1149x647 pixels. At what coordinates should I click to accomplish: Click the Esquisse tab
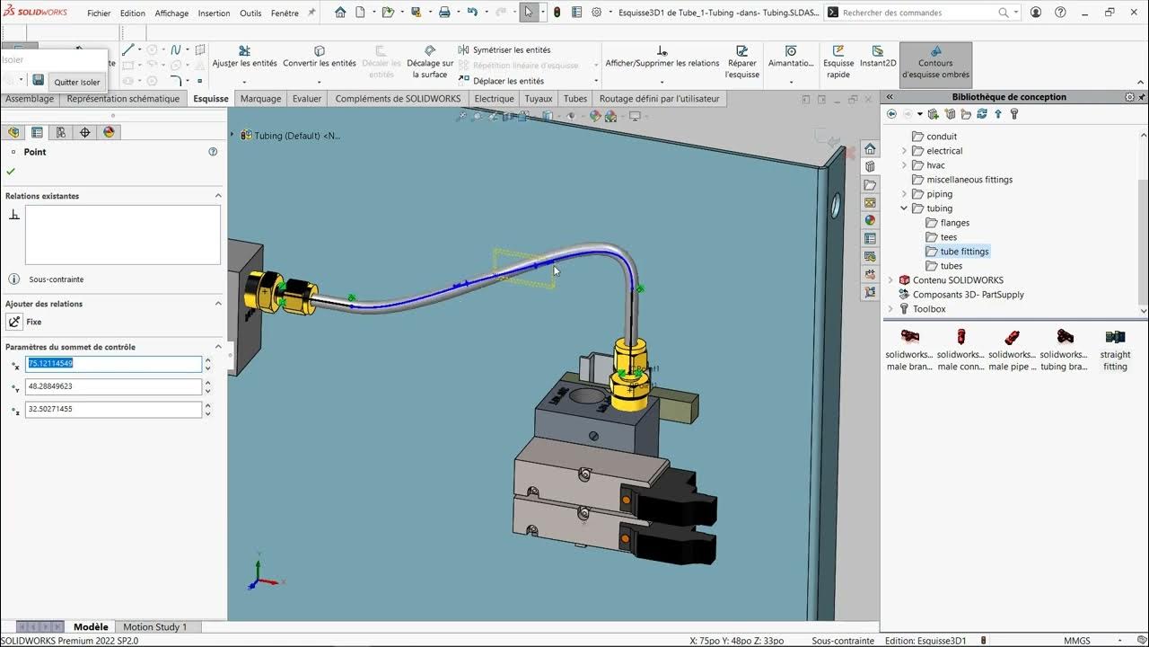[211, 99]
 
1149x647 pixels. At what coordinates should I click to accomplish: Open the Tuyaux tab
[539, 99]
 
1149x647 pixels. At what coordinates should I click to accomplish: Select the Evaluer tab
[306, 99]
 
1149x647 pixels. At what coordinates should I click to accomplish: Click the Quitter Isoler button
[77, 82]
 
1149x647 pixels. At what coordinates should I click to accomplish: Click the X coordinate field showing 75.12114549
[113, 364]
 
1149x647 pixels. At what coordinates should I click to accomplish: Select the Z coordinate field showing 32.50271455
[113, 409]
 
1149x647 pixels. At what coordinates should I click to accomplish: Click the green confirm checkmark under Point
[11, 171]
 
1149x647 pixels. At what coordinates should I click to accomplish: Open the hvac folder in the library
[935, 165]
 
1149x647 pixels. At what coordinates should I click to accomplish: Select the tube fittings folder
[964, 252]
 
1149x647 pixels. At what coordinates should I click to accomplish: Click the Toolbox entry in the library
[929, 309]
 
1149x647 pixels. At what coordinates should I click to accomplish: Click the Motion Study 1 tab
[154, 627]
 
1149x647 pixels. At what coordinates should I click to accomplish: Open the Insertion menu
[214, 13]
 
